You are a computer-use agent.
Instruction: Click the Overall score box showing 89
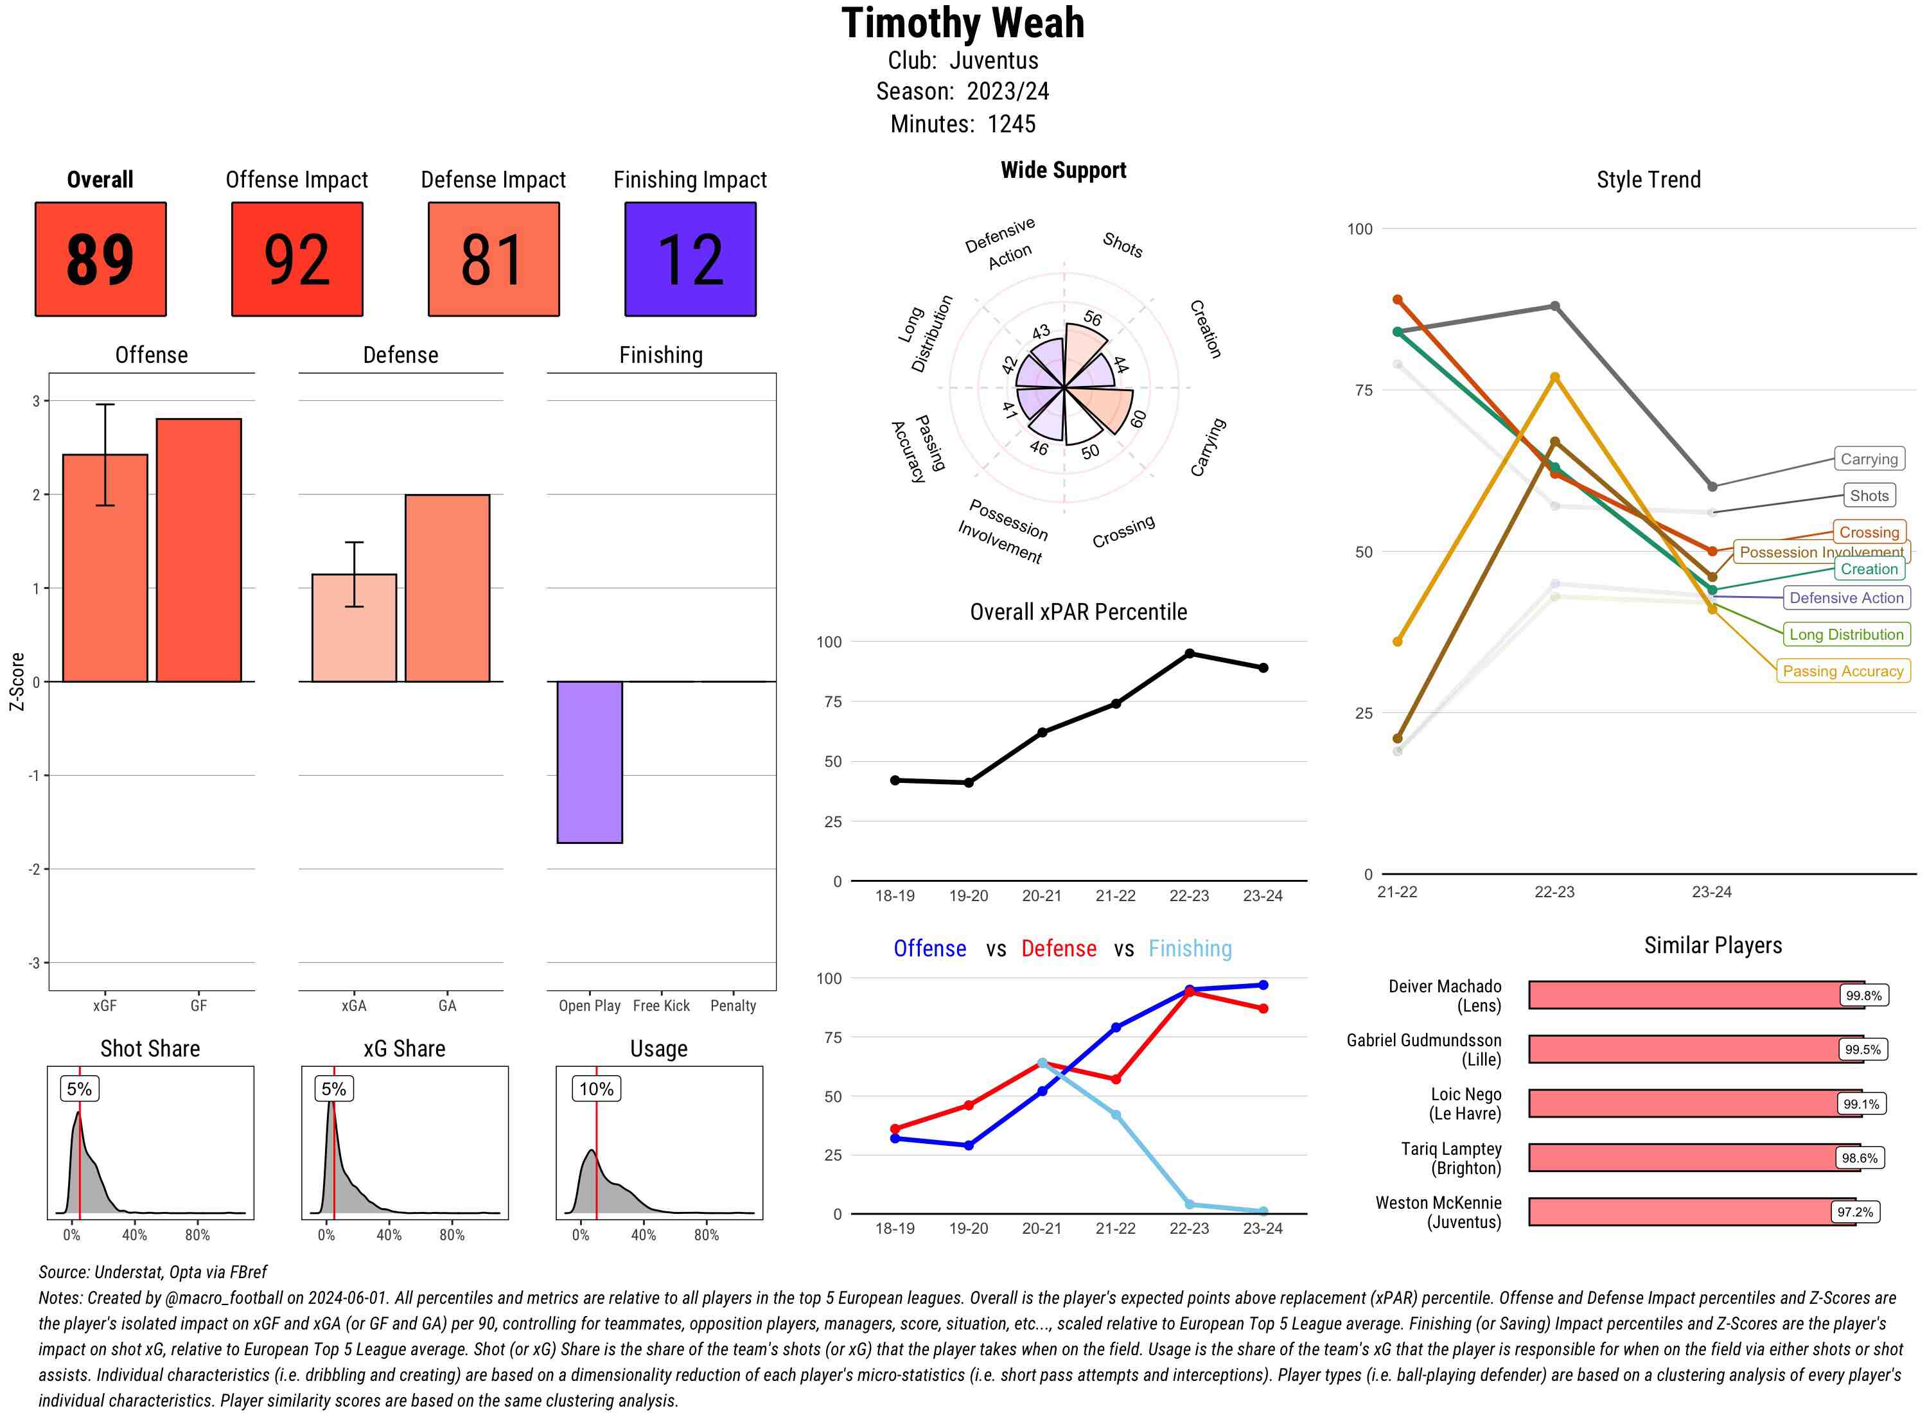(100, 259)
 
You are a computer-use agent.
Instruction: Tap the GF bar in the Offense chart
(198, 550)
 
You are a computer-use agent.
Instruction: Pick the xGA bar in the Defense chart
(354, 628)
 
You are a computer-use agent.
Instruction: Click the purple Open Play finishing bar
(589, 762)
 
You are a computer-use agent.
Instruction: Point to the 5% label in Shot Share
(80, 1089)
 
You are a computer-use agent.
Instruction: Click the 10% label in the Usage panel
(596, 1089)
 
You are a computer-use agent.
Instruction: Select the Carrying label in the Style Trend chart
(1868, 459)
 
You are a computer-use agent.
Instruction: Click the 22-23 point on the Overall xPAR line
(1189, 653)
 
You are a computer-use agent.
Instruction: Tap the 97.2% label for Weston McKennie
(1854, 1212)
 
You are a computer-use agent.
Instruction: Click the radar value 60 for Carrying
(1138, 419)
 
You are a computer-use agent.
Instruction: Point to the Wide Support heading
(1063, 170)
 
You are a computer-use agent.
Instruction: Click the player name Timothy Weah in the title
(963, 23)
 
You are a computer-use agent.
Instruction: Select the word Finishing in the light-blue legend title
(1190, 949)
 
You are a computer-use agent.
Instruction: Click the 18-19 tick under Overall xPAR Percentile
(895, 895)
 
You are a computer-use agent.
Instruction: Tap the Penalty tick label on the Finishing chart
(733, 1006)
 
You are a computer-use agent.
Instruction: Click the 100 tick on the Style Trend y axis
(1359, 229)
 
